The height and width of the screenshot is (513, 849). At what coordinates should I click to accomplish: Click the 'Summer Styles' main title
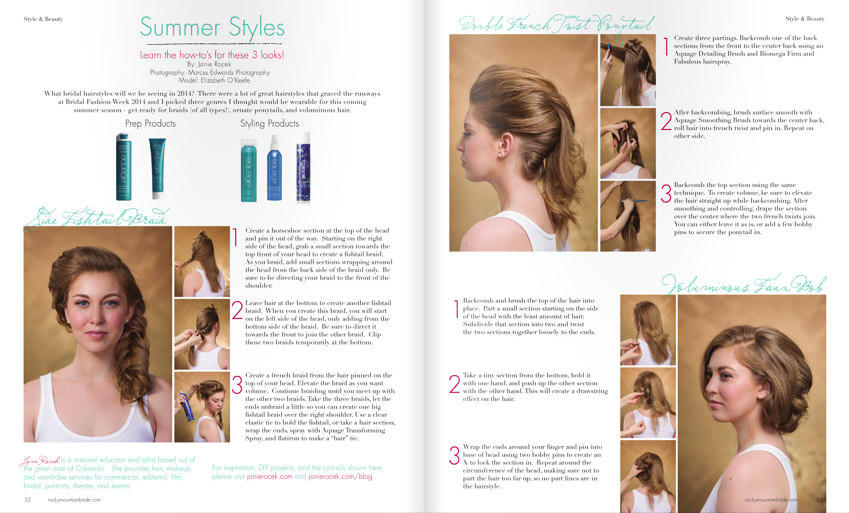tap(212, 28)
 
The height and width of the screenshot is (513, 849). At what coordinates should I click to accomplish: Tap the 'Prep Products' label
tap(150, 124)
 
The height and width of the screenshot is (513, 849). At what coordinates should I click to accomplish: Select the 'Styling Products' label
tap(269, 124)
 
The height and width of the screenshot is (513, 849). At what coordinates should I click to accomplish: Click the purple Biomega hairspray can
tap(303, 168)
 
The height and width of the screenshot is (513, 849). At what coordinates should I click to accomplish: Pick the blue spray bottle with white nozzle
tap(274, 168)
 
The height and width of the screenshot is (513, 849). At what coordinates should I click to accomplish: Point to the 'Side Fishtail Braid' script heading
tap(96, 217)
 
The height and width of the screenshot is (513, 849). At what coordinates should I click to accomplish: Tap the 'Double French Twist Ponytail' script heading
tap(557, 24)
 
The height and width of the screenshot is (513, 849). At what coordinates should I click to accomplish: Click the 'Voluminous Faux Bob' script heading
tap(744, 284)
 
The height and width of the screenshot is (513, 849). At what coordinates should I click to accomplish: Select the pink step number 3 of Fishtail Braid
tap(237, 385)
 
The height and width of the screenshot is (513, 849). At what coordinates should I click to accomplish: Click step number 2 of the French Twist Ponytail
tap(666, 121)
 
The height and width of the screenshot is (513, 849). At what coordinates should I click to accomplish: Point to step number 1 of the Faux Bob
tap(456, 309)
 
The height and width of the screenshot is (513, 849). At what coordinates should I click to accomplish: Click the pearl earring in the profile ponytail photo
tap(499, 155)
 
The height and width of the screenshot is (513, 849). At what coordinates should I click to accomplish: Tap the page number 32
tap(28, 499)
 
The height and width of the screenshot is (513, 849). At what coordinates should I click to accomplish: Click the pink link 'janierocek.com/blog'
tap(340, 476)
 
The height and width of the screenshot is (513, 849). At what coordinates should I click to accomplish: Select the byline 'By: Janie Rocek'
tap(209, 64)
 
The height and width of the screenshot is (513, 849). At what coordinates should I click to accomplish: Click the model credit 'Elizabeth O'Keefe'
tap(225, 80)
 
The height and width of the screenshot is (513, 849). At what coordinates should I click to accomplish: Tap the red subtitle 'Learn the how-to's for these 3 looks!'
tap(212, 55)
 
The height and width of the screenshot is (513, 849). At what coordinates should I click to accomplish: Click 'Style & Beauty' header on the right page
tap(805, 19)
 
